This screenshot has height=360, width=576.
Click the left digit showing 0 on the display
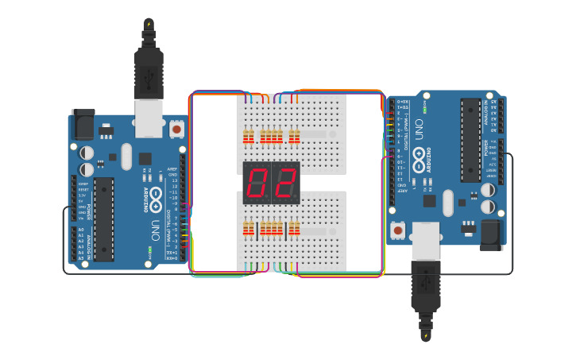pos(257,184)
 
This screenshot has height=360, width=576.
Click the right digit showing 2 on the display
pos(284,184)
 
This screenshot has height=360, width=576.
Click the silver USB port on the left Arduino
pos(149,115)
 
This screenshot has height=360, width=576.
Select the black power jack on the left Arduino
pos(82,126)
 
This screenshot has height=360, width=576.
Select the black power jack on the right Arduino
pos(491,234)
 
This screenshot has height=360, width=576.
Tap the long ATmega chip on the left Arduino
pos(104,219)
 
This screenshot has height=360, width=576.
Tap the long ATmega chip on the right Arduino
pos(470,140)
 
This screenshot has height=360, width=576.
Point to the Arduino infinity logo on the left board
pos(157,196)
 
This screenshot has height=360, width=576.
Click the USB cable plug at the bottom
pos(425,290)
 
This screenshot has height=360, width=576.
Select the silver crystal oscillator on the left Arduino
pos(126,156)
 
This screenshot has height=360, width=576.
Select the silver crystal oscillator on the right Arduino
pos(448,203)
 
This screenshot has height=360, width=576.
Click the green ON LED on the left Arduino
pos(148,252)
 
